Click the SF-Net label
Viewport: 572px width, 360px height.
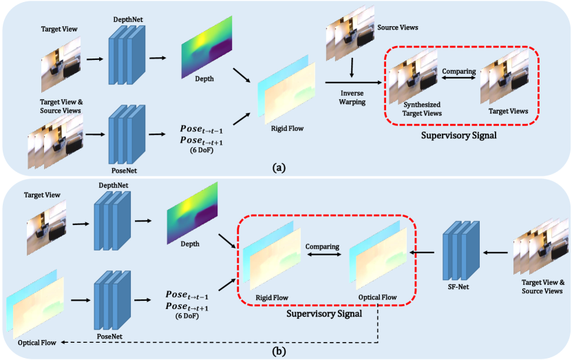[x=458, y=288]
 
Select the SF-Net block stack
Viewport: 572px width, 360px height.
[x=457, y=252]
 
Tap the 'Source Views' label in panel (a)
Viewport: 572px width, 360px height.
[x=396, y=28]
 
